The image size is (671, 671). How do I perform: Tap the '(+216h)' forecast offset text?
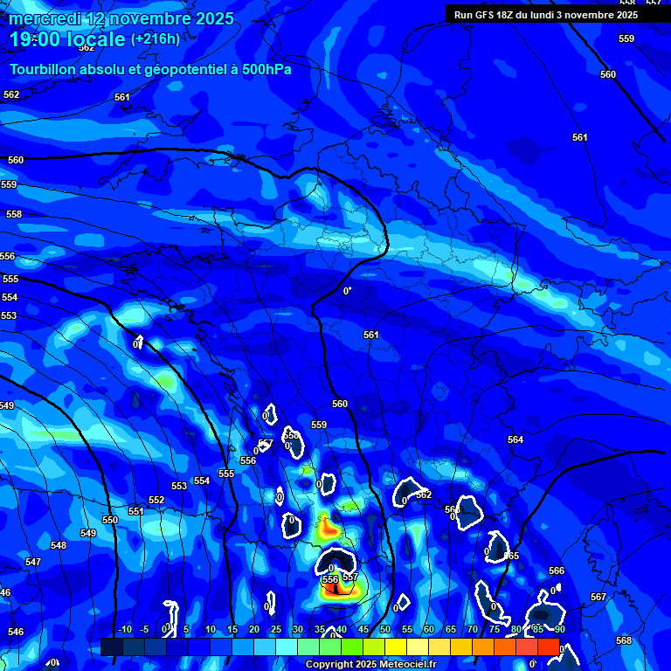click(x=156, y=39)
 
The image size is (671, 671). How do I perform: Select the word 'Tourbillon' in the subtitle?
click(x=44, y=69)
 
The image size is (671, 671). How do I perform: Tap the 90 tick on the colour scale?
click(x=559, y=629)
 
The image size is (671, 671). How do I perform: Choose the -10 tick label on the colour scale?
click(x=124, y=629)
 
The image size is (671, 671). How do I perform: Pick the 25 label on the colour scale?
click(x=276, y=629)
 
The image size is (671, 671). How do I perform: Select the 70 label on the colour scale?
click(x=472, y=629)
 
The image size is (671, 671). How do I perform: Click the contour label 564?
click(x=515, y=439)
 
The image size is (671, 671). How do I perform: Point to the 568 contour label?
click(x=624, y=640)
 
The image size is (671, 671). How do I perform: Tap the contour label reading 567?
click(x=598, y=597)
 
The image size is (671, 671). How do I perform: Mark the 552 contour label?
click(x=156, y=500)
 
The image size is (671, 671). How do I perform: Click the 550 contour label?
click(x=110, y=520)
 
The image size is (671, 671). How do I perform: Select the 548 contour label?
click(x=59, y=545)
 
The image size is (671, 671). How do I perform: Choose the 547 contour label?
click(x=33, y=562)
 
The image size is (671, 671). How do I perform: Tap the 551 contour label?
click(x=135, y=511)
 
